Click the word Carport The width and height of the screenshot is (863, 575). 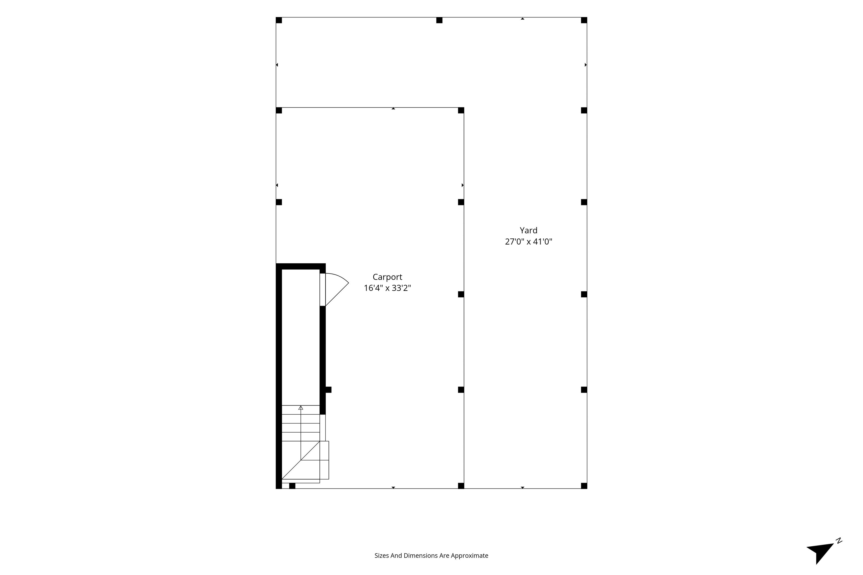point(387,277)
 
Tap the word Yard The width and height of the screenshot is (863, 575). point(528,230)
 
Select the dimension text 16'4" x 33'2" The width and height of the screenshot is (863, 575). point(387,288)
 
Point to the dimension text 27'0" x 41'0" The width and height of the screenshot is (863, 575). point(528,242)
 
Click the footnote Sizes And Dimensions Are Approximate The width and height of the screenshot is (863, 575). point(431,556)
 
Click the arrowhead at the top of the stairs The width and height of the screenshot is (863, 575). point(301,407)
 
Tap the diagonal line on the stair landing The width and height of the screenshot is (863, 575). point(301,460)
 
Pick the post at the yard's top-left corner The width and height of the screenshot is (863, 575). point(279,20)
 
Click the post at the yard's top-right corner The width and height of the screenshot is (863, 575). point(584,20)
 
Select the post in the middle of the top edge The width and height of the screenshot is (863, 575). point(439,20)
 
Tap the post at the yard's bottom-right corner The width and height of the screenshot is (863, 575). point(584,486)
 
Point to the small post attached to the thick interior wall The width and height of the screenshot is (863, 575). point(328,390)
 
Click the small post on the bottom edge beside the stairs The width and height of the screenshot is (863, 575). point(292,486)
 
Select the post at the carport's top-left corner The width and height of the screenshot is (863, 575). point(279,110)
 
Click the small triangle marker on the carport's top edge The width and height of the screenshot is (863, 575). point(393,109)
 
